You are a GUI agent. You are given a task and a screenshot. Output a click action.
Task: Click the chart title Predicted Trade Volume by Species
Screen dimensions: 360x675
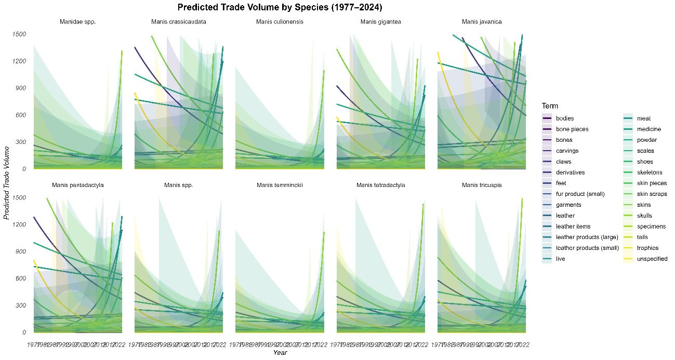click(x=280, y=7)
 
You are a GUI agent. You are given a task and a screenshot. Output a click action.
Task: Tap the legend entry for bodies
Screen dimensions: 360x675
click(x=561, y=118)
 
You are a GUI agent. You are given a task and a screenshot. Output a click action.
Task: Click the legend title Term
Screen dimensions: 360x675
click(x=550, y=105)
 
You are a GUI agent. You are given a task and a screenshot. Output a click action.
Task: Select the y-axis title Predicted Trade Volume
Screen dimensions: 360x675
click(x=7, y=183)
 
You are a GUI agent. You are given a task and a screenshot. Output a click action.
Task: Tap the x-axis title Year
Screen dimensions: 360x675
click(x=280, y=353)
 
